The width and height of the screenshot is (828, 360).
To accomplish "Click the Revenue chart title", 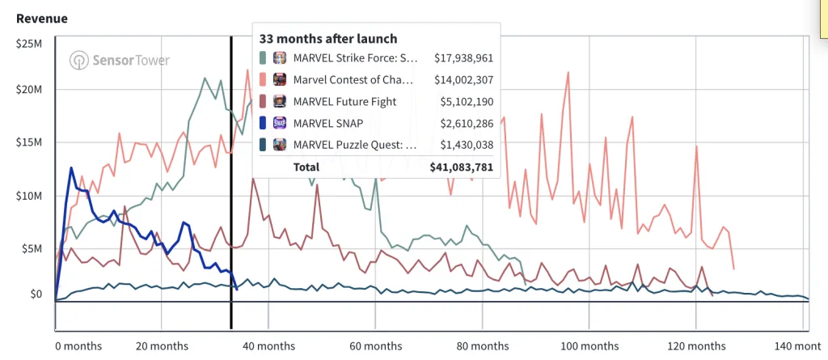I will click(42, 19).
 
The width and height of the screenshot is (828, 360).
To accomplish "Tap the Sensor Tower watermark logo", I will click(120, 60).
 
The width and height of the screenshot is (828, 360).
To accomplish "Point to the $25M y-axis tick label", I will click(29, 43).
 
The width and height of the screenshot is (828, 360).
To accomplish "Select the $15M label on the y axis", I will click(29, 142).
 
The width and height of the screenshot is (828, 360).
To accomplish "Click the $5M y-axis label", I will click(32, 248).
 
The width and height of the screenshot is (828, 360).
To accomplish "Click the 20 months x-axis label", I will click(161, 346).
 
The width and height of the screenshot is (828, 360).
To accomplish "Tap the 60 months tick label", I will click(374, 346).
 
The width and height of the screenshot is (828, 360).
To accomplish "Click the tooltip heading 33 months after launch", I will click(328, 39).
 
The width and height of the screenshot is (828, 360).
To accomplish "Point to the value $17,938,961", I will click(463, 58).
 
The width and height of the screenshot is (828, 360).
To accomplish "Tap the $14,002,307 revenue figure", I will click(463, 80).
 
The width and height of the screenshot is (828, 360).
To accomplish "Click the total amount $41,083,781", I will click(461, 167).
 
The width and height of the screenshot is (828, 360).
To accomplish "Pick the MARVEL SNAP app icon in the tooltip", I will click(279, 123).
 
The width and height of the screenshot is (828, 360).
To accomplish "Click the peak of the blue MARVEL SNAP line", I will click(71, 168).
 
